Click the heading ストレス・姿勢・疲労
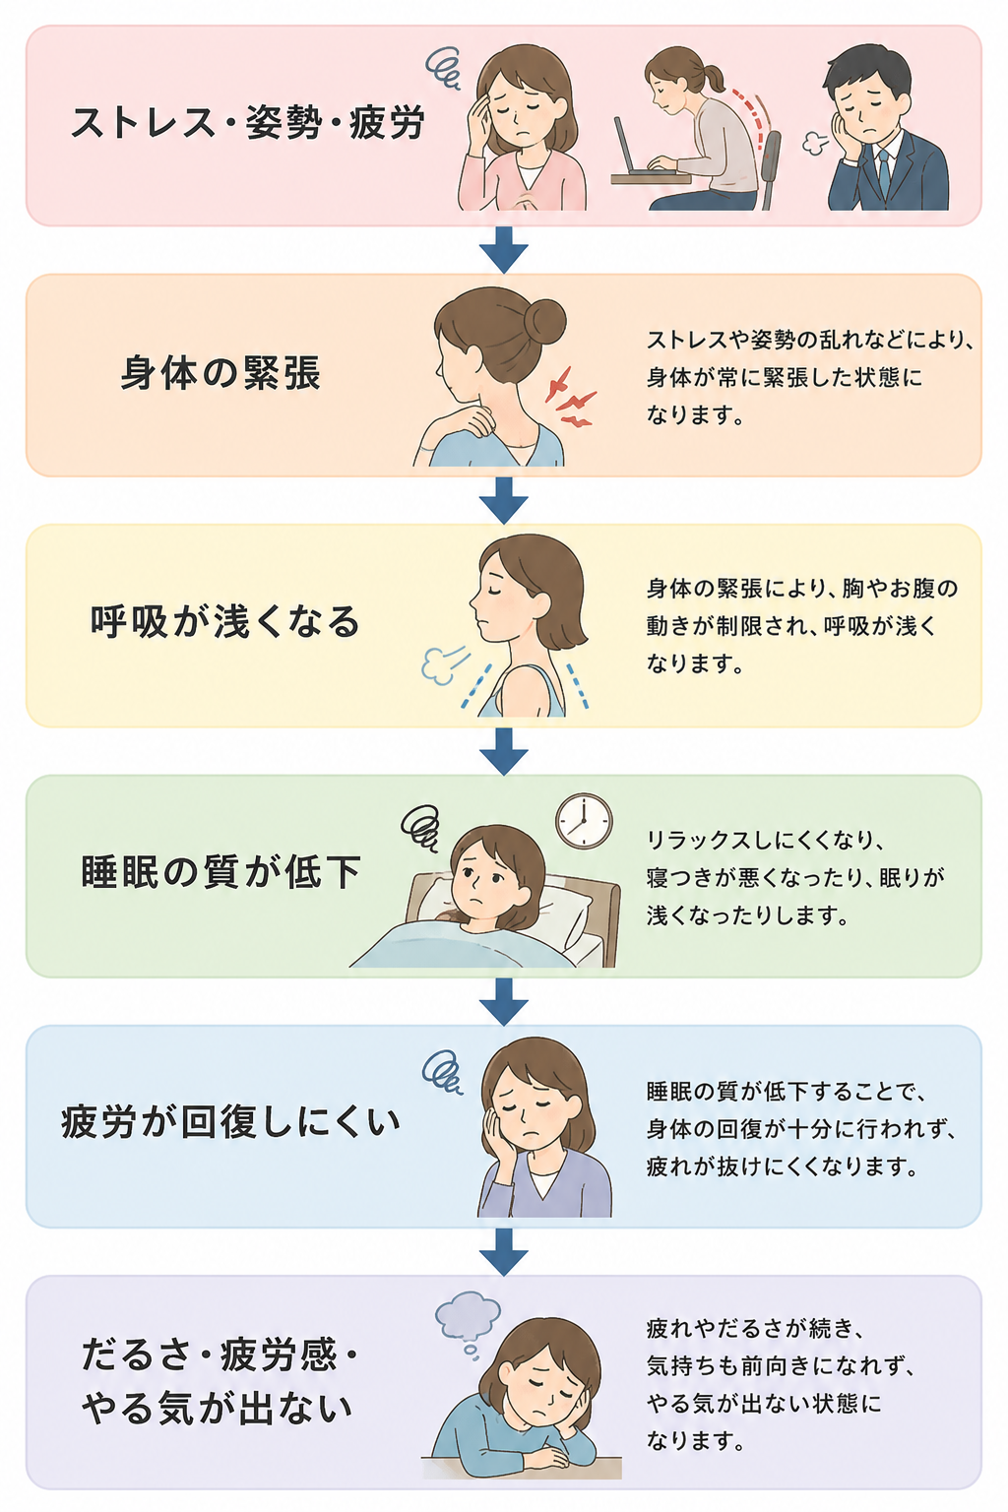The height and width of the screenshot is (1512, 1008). pyautogui.click(x=248, y=123)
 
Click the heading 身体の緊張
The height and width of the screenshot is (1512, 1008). pyautogui.click(x=220, y=373)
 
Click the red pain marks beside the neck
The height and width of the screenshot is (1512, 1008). pyautogui.click(x=572, y=398)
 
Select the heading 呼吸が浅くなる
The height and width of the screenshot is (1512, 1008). pyautogui.click(x=224, y=622)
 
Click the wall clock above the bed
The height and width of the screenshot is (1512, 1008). pyautogui.click(x=584, y=821)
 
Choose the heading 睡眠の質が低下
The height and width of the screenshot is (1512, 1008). pyautogui.click(x=220, y=872)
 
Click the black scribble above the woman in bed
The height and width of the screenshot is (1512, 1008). pyautogui.click(x=420, y=828)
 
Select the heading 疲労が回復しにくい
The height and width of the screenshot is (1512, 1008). pyautogui.click(x=231, y=1122)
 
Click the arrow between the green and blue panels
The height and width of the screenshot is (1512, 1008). pyautogui.click(x=504, y=1002)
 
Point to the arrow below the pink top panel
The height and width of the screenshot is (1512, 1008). pyautogui.click(x=504, y=250)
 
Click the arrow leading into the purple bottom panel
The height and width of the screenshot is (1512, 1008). pyautogui.click(x=504, y=1252)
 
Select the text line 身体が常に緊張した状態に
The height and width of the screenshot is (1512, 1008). pyautogui.click(x=784, y=377)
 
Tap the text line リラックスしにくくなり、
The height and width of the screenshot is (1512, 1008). pyautogui.click(x=766, y=841)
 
